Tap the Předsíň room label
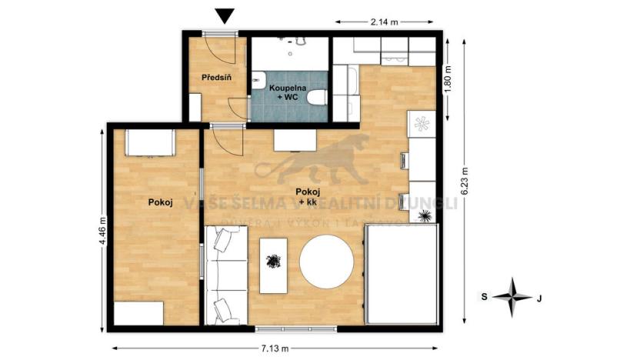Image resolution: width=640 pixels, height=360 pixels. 216,78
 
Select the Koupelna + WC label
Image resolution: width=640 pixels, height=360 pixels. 288,93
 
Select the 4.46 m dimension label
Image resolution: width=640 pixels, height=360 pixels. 102,230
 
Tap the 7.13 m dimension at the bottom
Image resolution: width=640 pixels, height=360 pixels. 275,348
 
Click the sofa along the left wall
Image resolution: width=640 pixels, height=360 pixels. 225,275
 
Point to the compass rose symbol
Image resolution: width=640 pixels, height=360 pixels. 512,295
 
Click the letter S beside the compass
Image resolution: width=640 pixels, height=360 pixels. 485,296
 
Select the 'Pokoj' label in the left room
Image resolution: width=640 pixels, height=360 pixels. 159,202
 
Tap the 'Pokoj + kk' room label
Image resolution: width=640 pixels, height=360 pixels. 308,197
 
